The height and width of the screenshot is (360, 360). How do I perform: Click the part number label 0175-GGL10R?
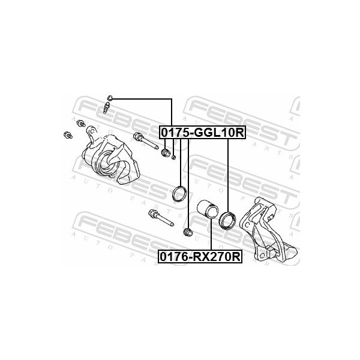coord(203,132)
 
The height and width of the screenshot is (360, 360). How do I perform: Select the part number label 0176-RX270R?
coord(200,256)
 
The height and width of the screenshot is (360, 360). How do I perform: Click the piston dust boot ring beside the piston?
coord(227,220)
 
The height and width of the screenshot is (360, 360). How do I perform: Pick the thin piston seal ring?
coord(179,194)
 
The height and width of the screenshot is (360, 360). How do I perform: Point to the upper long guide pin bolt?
coord(146,140)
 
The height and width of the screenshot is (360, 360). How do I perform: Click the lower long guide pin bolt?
coord(161,217)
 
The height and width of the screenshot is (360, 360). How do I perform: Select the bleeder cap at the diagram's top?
coord(110,98)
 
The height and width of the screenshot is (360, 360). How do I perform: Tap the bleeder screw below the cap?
coord(107,107)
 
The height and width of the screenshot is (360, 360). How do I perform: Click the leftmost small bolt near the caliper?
coord(68,135)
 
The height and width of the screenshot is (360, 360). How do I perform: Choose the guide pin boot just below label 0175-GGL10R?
coord(166,152)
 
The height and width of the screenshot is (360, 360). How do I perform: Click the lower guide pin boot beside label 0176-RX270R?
coord(188,232)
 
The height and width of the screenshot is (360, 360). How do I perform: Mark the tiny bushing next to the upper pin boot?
coord(174,157)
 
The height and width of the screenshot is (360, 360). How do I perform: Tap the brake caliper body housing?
coord(110,158)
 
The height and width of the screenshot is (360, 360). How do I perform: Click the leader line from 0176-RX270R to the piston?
coord(211,234)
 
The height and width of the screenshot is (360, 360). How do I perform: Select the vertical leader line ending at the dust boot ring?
coord(228,176)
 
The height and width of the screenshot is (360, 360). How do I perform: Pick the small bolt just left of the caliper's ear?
coord(80,123)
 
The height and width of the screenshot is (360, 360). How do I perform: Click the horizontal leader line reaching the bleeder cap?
coord(142,99)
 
